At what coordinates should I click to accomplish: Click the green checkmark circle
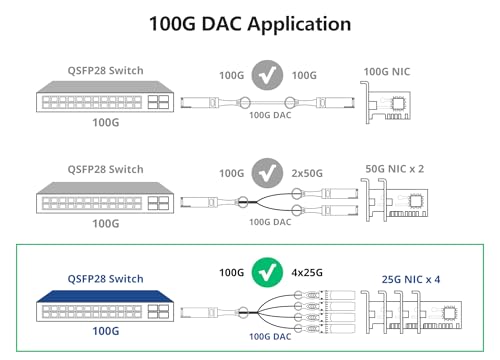(x=266, y=272)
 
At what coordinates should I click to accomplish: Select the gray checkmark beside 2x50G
(x=266, y=173)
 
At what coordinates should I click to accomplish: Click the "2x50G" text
(x=307, y=174)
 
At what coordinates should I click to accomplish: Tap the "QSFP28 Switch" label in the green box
(x=105, y=279)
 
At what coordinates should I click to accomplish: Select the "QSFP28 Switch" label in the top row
(x=105, y=71)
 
